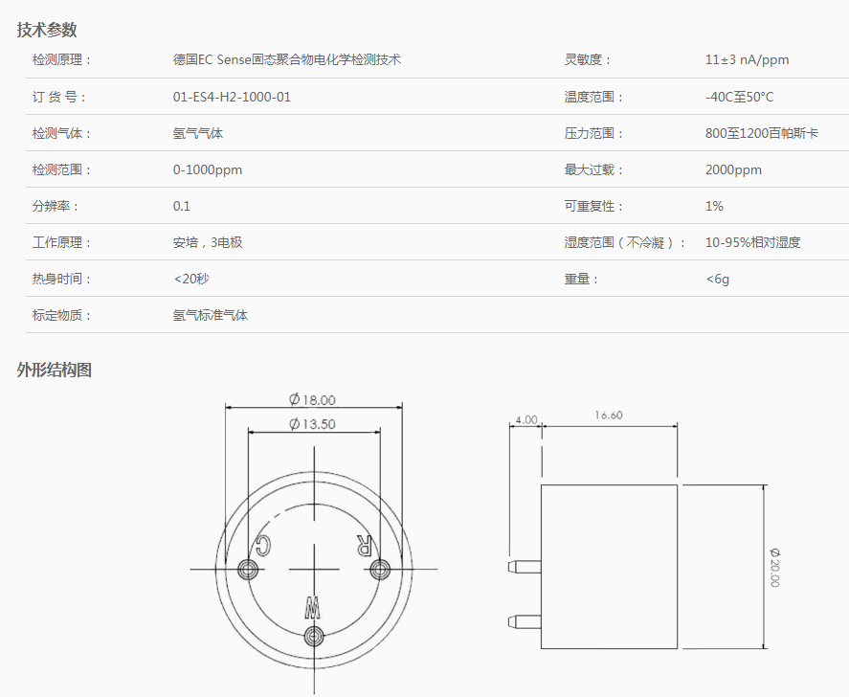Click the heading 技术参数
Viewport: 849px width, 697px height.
(47, 30)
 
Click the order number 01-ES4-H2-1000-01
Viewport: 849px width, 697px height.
(232, 97)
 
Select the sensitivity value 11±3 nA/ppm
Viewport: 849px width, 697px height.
(747, 59)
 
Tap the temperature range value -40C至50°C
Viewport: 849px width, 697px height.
(739, 97)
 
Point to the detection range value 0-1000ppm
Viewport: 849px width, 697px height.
(208, 170)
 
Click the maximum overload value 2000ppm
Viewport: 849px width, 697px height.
(733, 170)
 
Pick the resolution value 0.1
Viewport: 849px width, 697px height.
(182, 206)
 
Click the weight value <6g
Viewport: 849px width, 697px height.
(718, 279)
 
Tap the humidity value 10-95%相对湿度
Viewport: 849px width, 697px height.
(752, 242)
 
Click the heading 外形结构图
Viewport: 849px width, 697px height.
(55, 370)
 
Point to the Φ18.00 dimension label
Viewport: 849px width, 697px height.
(312, 399)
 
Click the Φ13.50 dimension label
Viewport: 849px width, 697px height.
(312, 423)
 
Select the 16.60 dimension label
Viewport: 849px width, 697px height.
(609, 416)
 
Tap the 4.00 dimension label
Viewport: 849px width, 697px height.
(525, 419)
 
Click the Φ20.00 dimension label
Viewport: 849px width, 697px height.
(775, 568)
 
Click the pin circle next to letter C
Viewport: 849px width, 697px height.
(248, 570)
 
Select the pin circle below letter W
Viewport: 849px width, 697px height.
(314, 636)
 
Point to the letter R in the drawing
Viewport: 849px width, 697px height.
(364, 545)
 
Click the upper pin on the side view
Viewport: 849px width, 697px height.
(525, 567)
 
